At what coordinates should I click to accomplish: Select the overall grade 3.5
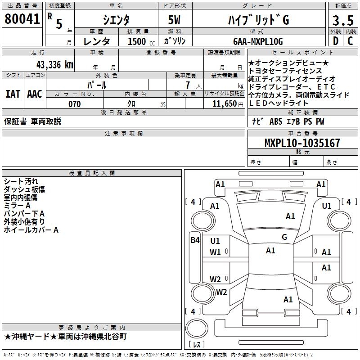[x=342, y=21]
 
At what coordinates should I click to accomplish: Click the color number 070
[x=74, y=104]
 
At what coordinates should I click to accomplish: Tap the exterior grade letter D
[x=335, y=41]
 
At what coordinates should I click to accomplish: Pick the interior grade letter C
[x=350, y=41]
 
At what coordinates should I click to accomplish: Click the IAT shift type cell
[x=13, y=94]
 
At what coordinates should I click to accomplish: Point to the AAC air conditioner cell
[x=35, y=94]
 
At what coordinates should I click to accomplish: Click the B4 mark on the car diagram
[x=194, y=240]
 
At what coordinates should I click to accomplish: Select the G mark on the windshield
[x=284, y=237]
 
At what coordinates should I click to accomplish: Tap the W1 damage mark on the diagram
[x=216, y=252]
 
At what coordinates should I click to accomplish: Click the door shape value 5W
[x=175, y=20]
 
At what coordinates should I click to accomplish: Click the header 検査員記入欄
[x=92, y=173]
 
